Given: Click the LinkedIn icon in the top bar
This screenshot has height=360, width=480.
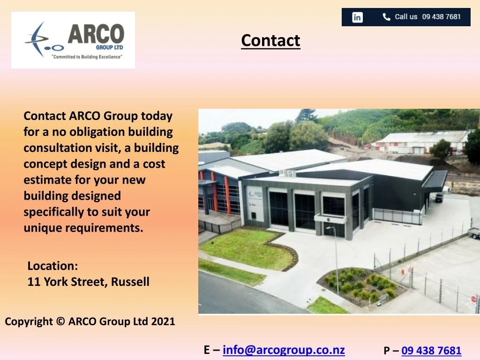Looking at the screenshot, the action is coord(357,17).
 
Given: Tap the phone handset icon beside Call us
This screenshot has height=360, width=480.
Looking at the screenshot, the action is coord(386,17).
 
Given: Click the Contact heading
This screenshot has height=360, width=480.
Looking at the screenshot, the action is coord(270,40).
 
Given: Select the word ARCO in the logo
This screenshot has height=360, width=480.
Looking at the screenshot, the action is coord(96,34).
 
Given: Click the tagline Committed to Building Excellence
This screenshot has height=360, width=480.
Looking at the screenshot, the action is coord(87,57).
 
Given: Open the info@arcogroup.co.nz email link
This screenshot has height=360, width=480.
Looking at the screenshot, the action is coord(284,350).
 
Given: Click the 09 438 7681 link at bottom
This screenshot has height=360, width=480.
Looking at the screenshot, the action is coord(431,350).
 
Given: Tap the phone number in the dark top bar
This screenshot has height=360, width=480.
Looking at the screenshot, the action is coord(442,16).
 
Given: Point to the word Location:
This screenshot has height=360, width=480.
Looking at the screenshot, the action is coord(52,266).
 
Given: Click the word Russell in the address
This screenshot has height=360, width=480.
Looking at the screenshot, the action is coord(130,282).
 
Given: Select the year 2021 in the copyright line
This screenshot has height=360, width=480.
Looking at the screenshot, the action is coord(163,322).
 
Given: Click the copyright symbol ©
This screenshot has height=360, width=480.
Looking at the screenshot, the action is coord(60,322).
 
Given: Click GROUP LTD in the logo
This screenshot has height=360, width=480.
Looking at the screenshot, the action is coord(110,47).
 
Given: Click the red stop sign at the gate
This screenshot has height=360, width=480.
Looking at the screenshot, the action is coord(473,299).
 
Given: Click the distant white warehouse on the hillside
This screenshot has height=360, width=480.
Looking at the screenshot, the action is coord(420,142).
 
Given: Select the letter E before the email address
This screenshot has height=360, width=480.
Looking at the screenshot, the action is coord(207,350).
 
